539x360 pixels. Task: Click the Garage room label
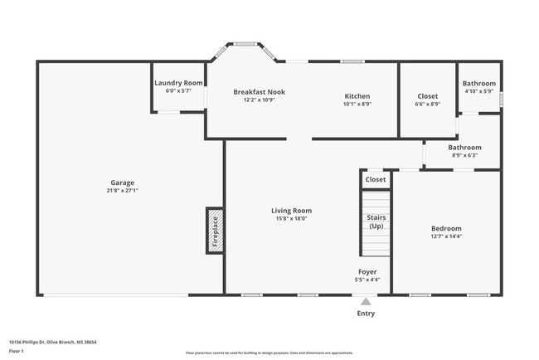123,182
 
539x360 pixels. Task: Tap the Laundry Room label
178,83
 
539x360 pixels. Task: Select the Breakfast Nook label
259,92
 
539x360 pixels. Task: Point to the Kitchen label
357,96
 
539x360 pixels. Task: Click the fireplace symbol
214,231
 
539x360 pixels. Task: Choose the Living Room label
291,211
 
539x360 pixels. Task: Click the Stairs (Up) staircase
376,222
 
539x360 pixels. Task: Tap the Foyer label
367,271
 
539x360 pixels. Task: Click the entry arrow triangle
366,302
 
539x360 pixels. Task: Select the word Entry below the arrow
366,314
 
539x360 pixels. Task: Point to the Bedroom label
446,228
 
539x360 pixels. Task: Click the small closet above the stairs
376,179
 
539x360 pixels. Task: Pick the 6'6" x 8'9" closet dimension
427,105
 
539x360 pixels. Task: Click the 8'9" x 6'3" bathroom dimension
464,155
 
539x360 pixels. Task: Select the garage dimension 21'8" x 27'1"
123,190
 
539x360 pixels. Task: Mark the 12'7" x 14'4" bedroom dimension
446,236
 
